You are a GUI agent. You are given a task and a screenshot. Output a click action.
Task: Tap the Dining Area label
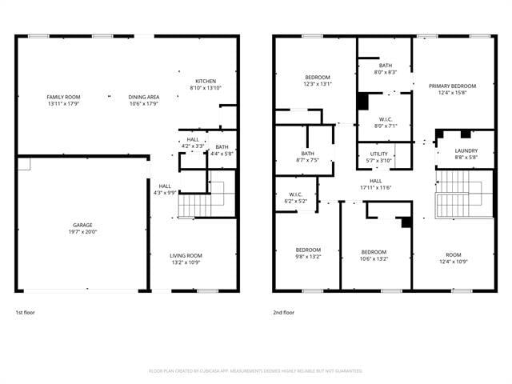[x=143, y=97]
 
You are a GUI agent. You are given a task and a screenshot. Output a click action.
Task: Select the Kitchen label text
[x=206, y=81]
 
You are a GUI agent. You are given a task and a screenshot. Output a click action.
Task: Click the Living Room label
[x=186, y=255]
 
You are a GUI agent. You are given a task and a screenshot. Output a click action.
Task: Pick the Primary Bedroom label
[x=452, y=86]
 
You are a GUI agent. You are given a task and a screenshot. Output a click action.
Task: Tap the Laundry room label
[x=466, y=150]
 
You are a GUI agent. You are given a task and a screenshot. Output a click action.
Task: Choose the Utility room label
[x=378, y=154]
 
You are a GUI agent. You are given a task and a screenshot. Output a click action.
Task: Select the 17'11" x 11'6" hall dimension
[x=375, y=187]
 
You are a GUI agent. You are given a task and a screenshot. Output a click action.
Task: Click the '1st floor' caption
[x=26, y=312]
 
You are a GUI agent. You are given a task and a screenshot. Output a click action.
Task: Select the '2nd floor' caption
[x=283, y=312]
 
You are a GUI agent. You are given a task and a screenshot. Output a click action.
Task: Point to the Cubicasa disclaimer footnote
[x=256, y=370]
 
